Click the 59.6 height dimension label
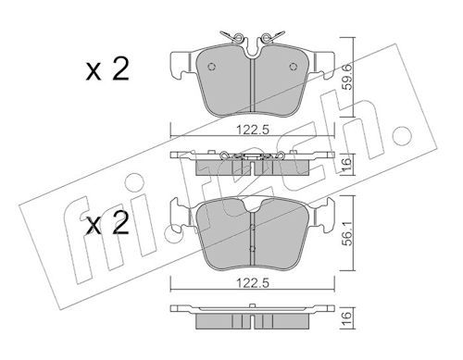click(348, 77)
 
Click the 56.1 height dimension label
click(348, 233)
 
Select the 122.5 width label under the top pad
click(253, 130)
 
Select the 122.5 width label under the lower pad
click(253, 283)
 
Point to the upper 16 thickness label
click(348, 164)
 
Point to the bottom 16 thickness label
click(348, 317)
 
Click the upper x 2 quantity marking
click(107, 70)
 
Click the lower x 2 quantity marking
click(107, 223)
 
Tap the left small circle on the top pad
click(211, 67)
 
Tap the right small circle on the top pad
click(294, 67)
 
